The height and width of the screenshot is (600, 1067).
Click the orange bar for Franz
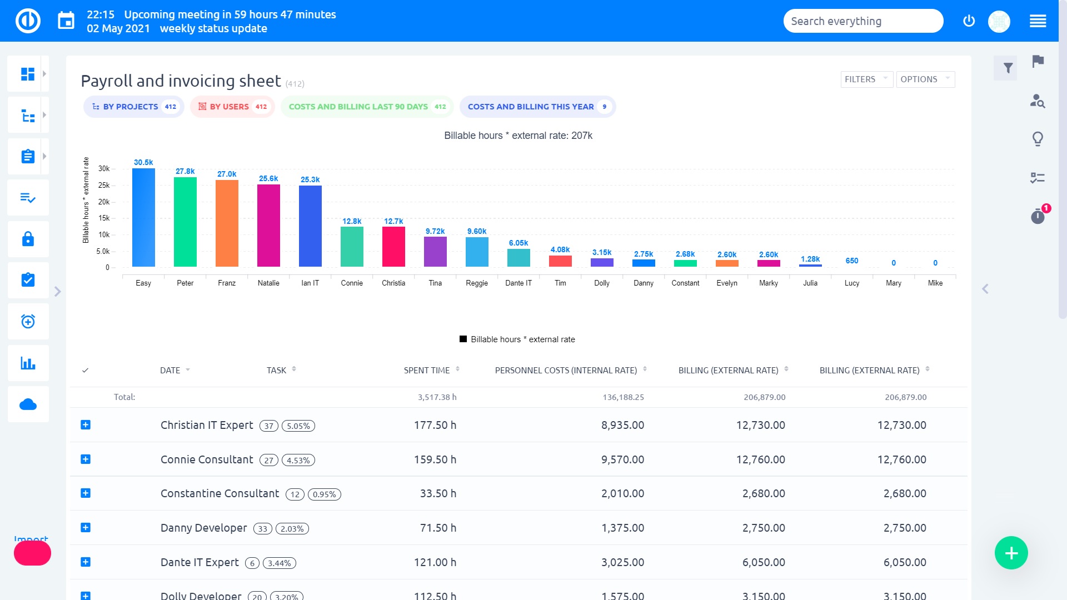[x=227, y=223]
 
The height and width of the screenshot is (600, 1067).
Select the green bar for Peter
[x=185, y=222]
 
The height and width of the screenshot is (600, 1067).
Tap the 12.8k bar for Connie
[x=352, y=247]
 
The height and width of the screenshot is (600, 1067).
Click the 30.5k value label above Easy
[x=143, y=162]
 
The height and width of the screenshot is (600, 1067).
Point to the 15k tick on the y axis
[x=104, y=218]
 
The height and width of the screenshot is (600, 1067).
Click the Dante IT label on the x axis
[x=518, y=283]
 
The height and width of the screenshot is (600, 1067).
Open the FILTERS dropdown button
[x=866, y=79]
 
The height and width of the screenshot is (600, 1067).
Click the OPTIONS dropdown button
[x=925, y=79]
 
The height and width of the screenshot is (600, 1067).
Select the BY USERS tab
[x=232, y=107]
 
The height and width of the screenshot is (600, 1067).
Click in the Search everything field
[x=862, y=21]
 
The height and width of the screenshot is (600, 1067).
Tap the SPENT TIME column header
[x=427, y=370]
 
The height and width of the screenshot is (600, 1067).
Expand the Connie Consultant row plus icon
[x=86, y=459]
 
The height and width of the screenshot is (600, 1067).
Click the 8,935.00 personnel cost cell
[x=622, y=425]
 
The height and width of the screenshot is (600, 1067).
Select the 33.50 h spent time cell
[x=438, y=493]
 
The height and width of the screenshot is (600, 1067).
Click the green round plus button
[x=1011, y=553]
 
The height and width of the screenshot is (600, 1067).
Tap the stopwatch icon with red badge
[x=1038, y=216]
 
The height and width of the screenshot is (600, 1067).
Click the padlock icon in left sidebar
[x=28, y=239]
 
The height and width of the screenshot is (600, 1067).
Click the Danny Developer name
[x=203, y=528]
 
